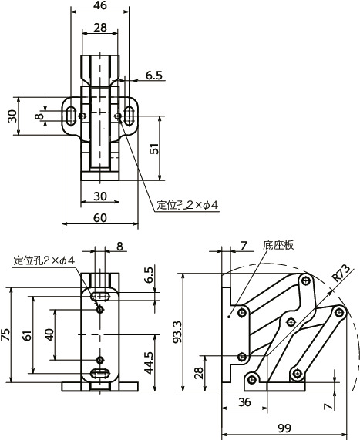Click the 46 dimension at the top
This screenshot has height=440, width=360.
100,6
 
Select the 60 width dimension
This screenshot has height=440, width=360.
100,217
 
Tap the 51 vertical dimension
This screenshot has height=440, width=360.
154,149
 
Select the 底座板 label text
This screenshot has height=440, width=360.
278,246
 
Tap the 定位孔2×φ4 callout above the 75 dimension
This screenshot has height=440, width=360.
44,261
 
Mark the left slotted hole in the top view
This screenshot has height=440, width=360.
71,116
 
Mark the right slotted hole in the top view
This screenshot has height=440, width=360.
129,116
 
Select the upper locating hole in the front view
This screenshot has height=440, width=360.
99,309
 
